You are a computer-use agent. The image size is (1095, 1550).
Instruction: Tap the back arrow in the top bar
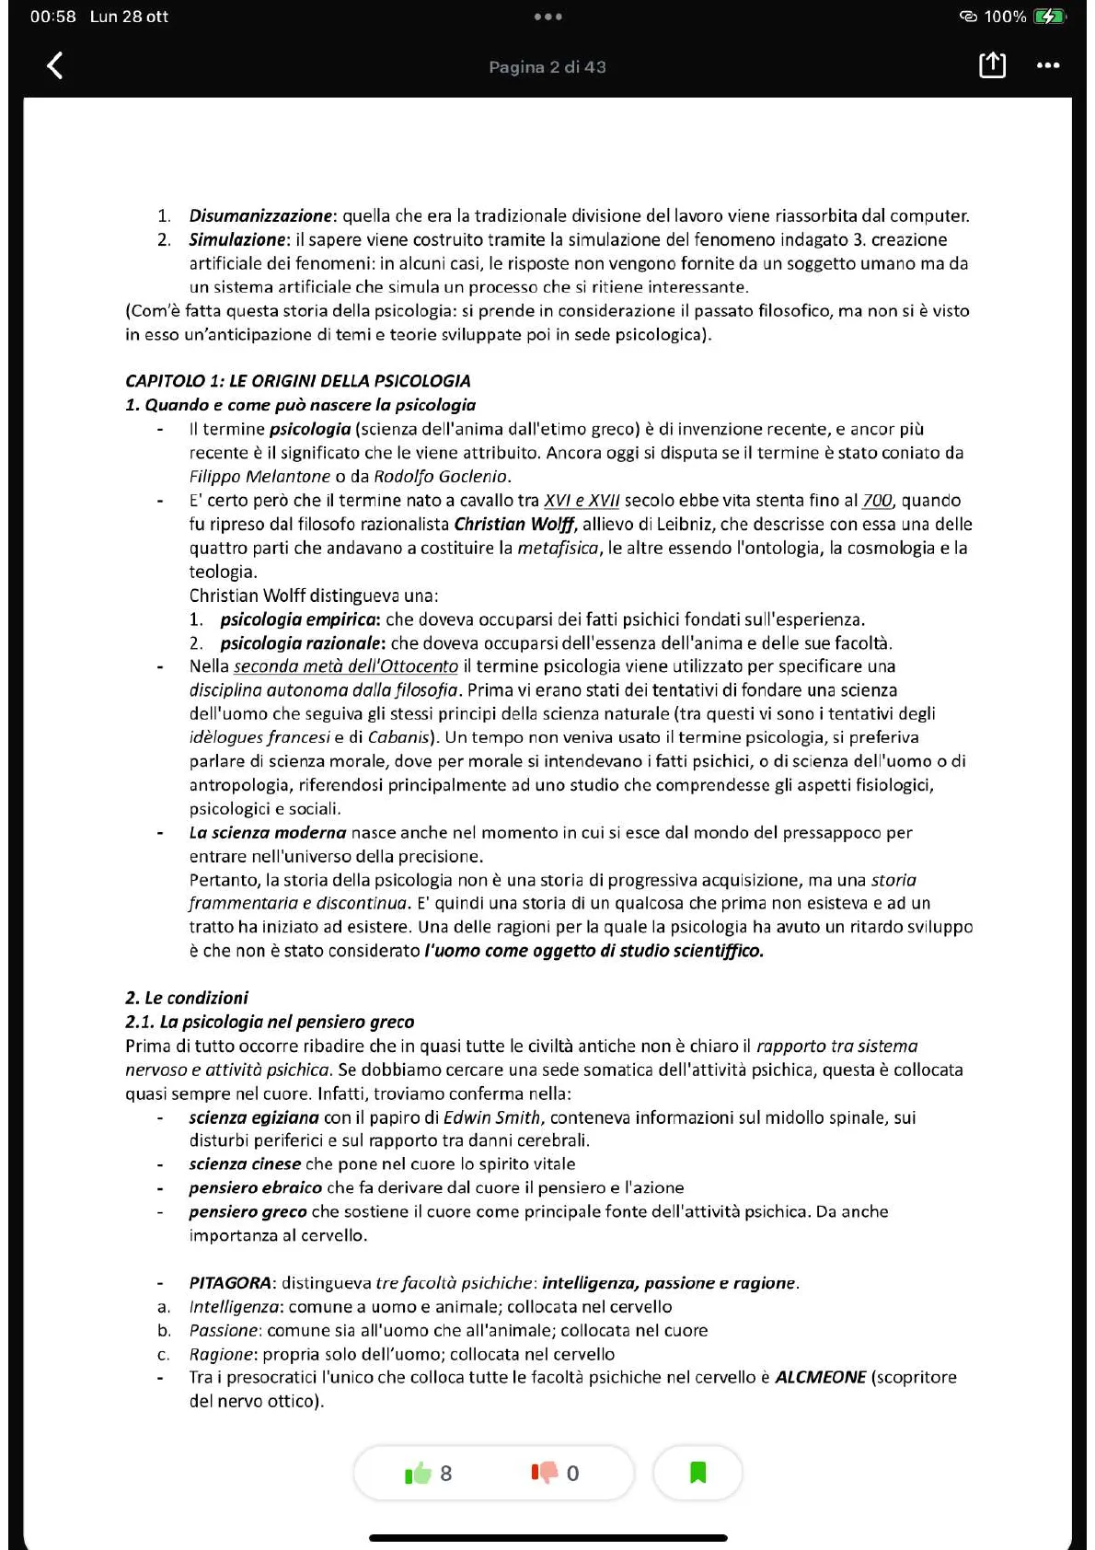click(x=55, y=65)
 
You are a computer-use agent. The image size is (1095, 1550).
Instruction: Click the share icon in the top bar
click(x=992, y=64)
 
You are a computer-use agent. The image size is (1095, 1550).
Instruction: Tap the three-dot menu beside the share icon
click(x=1048, y=65)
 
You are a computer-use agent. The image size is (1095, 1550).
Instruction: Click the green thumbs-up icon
click(x=419, y=1474)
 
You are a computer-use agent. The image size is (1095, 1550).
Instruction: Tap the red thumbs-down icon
click(x=545, y=1474)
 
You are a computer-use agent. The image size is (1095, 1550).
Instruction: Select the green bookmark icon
click(x=697, y=1473)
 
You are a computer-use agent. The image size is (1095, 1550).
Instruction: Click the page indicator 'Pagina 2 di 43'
click(x=547, y=66)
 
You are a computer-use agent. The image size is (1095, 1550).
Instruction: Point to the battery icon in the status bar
click(x=1049, y=17)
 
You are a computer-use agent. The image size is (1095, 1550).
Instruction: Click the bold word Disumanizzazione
click(x=260, y=215)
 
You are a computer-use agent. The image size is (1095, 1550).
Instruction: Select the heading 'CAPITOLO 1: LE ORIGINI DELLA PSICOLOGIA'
click(x=297, y=381)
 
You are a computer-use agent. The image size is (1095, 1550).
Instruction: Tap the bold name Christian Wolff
click(x=513, y=524)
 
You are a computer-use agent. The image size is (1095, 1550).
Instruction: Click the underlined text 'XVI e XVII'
click(x=582, y=501)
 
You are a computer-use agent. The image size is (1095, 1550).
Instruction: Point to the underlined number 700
click(x=877, y=501)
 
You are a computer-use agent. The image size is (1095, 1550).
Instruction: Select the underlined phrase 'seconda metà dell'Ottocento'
click(x=345, y=666)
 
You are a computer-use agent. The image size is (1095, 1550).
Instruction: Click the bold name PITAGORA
click(x=230, y=1283)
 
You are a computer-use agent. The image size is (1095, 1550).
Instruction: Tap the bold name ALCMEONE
click(x=820, y=1377)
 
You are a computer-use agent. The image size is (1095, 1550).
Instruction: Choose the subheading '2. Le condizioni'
click(x=187, y=998)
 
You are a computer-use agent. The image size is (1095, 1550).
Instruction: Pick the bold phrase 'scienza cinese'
click(x=245, y=1163)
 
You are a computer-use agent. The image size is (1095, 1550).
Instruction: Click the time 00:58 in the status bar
click(x=52, y=17)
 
